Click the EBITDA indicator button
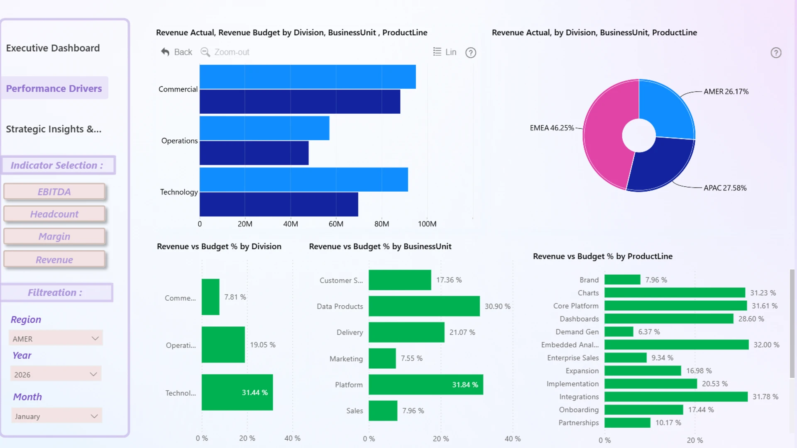click(54, 192)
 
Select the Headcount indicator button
click(54, 214)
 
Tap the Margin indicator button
click(54, 236)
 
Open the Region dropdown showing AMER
click(56, 338)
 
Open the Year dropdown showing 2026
click(56, 375)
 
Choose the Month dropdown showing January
click(56, 416)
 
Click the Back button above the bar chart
click(177, 52)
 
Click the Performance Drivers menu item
click(54, 88)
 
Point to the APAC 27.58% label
click(725, 188)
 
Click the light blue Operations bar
click(264, 128)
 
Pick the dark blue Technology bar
click(279, 204)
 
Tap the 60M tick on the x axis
click(336, 224)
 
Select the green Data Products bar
click(424, 306)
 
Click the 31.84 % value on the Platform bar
click(465, 385)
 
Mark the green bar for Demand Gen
click(619, 332)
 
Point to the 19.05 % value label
click(262, 345)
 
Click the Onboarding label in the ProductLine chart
click(579, 410)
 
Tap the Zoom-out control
click(225, 52)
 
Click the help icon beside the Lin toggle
click(471, 53)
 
